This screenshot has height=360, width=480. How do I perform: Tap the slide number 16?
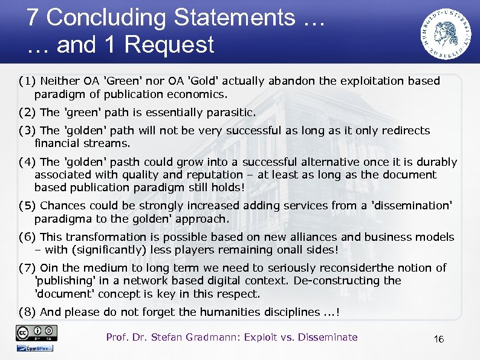439,339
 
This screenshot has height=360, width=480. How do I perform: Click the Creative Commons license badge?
37,333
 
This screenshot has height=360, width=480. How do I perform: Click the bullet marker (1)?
28,81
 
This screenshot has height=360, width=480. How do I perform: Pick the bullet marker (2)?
28,113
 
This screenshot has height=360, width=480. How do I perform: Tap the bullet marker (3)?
28,131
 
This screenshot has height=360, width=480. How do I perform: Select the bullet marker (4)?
28,162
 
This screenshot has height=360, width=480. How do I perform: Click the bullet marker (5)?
28,206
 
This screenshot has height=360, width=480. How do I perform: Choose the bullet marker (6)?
28,237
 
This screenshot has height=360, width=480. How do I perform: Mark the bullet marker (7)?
28,268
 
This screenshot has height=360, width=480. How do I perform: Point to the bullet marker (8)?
28,312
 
